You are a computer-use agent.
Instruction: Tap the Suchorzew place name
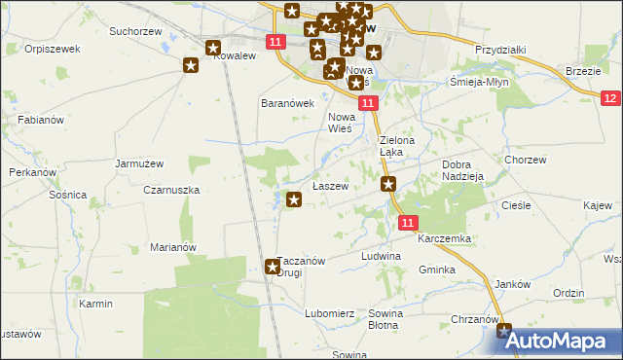tap(136, 32)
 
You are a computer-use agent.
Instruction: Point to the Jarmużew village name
tap(137, 163)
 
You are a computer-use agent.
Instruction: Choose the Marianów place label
tap(173, 247)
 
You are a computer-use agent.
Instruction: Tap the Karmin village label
tap(96, 304)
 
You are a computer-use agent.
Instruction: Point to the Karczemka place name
tap(444, 238)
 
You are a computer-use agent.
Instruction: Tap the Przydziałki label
tap(500, 50)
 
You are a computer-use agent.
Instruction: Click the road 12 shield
tap(610, 98)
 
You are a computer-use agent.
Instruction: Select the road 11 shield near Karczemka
tap(410, 223)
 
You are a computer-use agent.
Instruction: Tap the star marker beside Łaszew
tap(294, 200)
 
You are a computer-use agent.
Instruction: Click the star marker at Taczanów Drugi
tap(273, 266)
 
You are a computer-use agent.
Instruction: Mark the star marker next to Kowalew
tap(191, 65)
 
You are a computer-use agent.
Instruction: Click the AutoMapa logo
tap(565, 341)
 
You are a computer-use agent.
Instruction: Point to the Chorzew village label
tap(525, 159)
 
